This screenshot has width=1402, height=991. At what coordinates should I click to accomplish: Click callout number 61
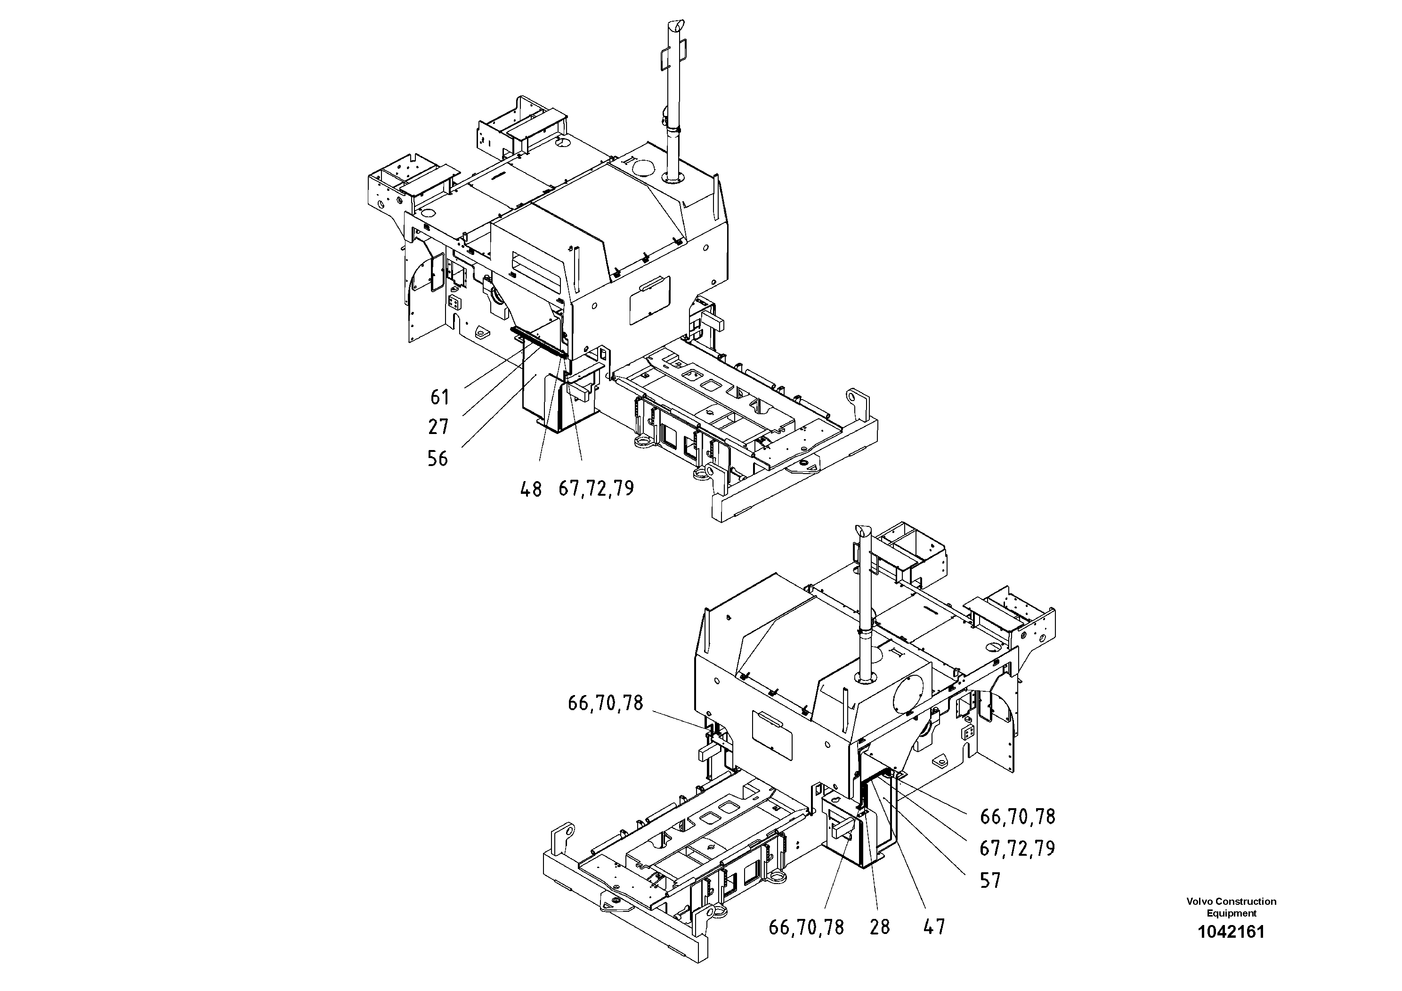440,398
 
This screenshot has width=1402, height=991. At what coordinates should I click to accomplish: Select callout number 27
438,427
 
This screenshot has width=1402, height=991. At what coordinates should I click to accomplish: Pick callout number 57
990,880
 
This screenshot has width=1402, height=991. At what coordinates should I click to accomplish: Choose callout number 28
880,927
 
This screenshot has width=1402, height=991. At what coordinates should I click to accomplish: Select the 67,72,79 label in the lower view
1017,849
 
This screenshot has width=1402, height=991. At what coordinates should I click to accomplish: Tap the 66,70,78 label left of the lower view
606,703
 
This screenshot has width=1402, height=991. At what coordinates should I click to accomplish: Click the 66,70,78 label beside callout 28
806,927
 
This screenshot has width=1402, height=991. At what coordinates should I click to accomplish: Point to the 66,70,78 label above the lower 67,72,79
1017,816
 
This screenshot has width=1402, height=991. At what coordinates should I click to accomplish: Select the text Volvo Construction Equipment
1231,907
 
